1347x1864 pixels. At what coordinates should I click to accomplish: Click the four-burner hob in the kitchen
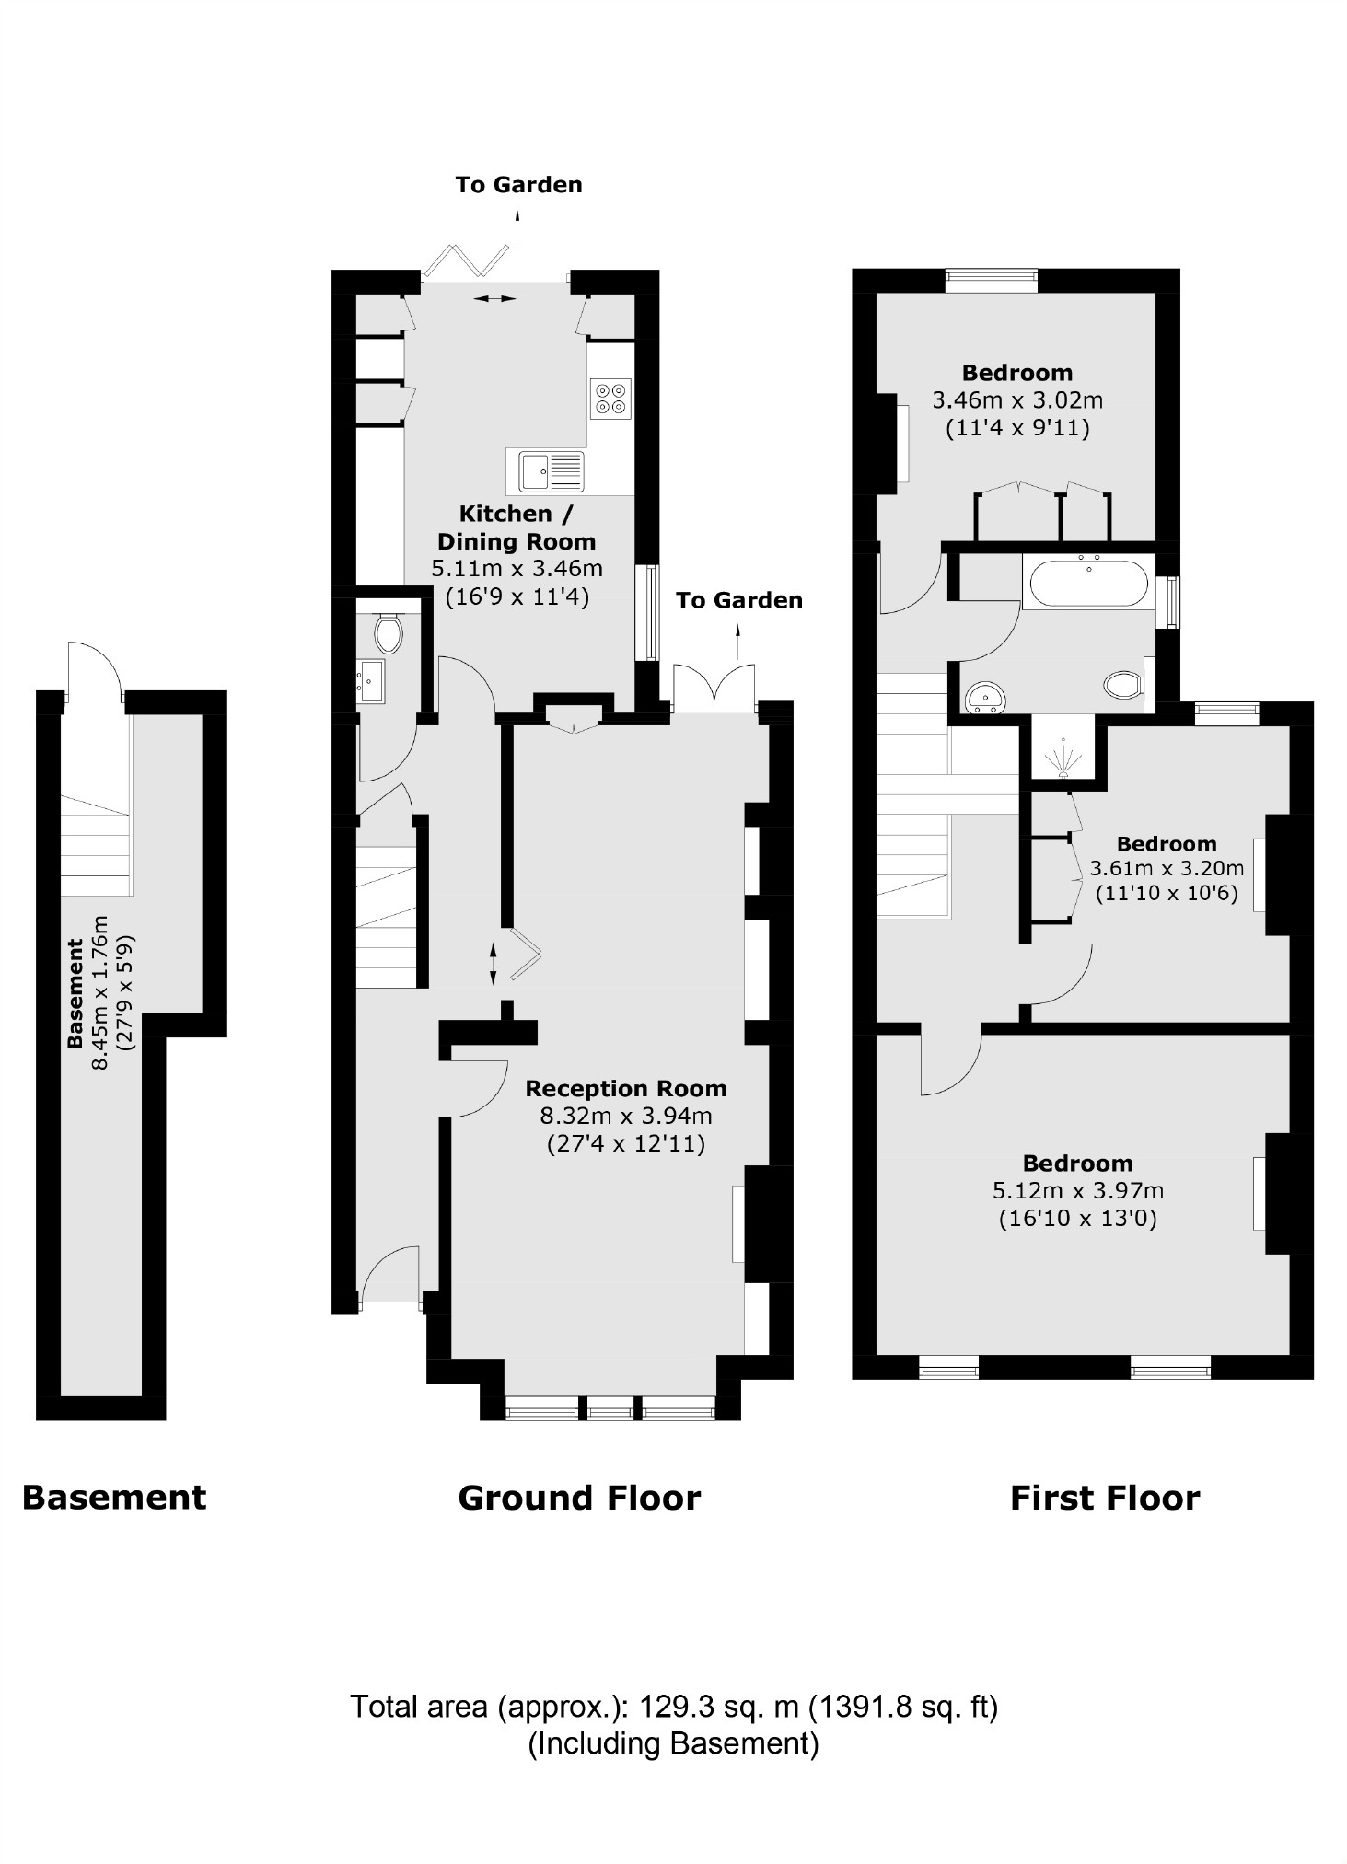tap(610, 398)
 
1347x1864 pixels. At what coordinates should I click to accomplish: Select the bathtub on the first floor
tap(1087, 582)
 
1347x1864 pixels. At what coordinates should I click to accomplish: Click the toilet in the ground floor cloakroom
tap(389, 633)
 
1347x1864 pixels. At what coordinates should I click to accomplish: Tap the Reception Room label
tap(625, 1088)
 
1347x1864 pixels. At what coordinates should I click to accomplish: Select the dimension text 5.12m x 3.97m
tap(1077, 1190)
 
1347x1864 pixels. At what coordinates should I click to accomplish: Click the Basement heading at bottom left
tap(114, 1498)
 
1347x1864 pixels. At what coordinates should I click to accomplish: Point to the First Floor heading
tap(1104, 1499)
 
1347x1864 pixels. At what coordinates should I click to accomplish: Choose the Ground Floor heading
tap(579, 1499)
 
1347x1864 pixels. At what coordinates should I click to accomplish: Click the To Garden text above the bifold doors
tap(518, 184)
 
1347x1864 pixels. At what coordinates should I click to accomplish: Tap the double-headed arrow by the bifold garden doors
tap(495, 298)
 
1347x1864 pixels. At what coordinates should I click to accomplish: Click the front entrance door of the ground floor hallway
tap(390, 1274)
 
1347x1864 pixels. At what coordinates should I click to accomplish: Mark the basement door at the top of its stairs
tap(94, 669)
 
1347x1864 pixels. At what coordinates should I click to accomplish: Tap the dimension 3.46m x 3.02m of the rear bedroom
tap(1016, 400)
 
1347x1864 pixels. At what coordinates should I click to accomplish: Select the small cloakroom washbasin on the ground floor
tap(372, 681)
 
